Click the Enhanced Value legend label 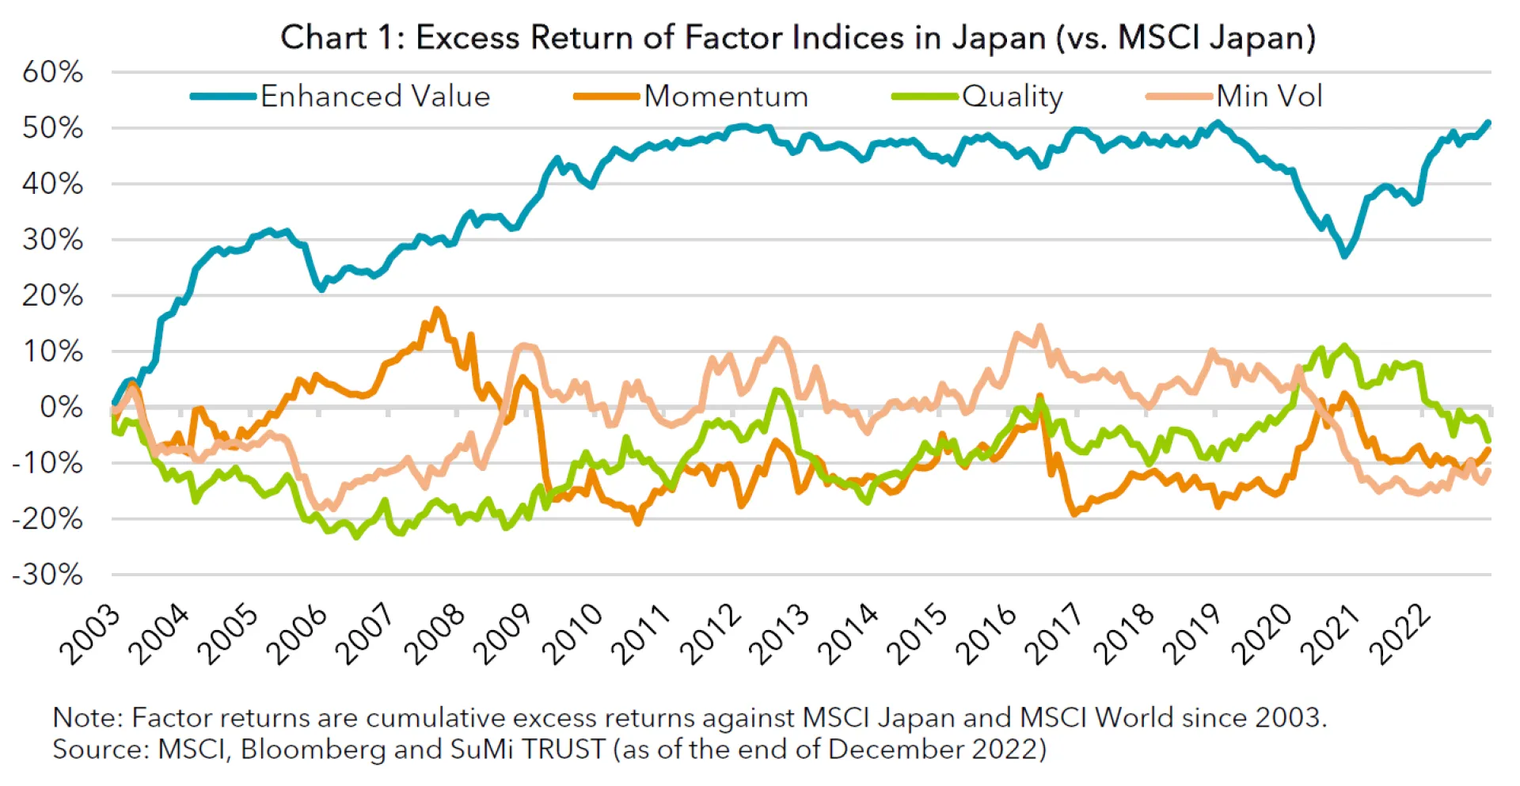pos(375,97)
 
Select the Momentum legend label pos(726,97)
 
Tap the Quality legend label pos(1012,97)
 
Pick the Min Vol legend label pos(1269,97)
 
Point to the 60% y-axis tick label pos(52,72)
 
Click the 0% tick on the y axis pos(61,408)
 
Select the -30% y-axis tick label pos(47,575)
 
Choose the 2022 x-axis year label pos(1401,634)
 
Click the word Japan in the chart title pos(999,37)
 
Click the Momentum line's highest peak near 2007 pos(437,309)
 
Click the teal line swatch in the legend pos(223,97)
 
